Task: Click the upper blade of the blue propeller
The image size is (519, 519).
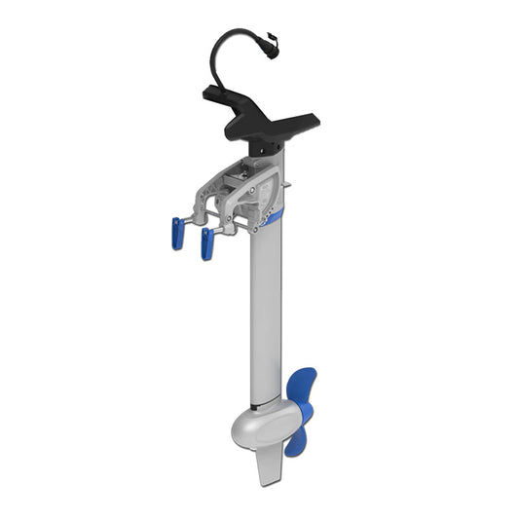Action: tap(303, 386)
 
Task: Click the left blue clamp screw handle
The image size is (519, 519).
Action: tap(177, 234)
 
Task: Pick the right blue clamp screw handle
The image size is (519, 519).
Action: tap(206, 244)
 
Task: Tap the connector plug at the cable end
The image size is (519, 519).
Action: tap(273, 44)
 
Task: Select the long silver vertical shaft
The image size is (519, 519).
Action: tap(265, 312)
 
